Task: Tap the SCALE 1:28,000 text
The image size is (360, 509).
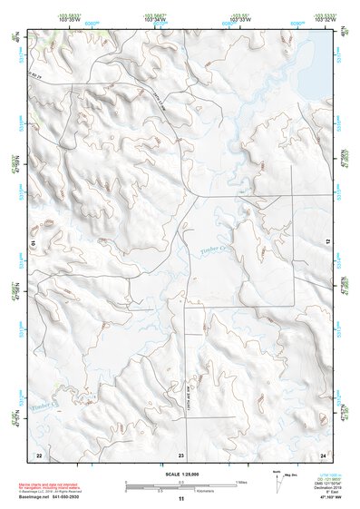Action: [180, 474]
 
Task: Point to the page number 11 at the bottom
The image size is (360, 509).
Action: [180, 499]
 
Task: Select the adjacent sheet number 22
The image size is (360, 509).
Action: [39, 454]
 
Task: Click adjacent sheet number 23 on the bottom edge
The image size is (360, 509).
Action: [180, 454]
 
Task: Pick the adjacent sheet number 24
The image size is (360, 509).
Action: [322, 454]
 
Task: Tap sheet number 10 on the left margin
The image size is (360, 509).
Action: [33, 243]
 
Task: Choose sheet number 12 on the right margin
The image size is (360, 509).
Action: [329, 243]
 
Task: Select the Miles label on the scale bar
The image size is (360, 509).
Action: [240, 482]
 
